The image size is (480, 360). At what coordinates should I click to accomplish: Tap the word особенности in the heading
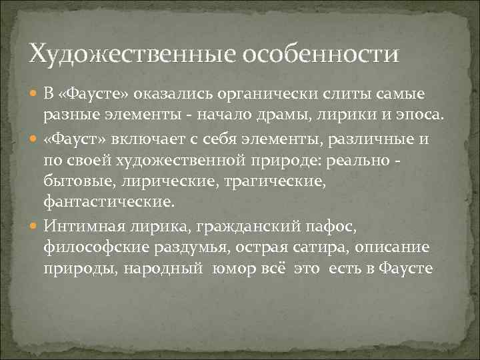(x=323, y=52)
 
